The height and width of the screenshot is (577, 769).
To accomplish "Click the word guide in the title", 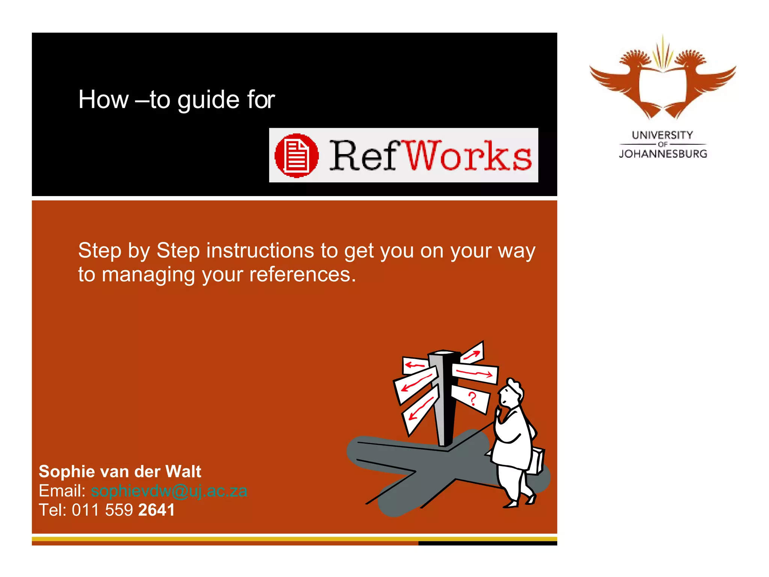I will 208,100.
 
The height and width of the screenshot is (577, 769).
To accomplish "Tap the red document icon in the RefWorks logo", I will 297,155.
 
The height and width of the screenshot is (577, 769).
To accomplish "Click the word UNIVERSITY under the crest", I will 662,135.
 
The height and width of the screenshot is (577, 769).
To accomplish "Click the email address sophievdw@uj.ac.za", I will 169,491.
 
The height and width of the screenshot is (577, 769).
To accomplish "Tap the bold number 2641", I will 157,510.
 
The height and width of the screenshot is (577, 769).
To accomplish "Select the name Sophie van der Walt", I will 120,471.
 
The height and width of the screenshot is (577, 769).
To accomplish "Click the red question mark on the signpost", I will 472,398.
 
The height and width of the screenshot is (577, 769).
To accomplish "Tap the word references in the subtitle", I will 302,275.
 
